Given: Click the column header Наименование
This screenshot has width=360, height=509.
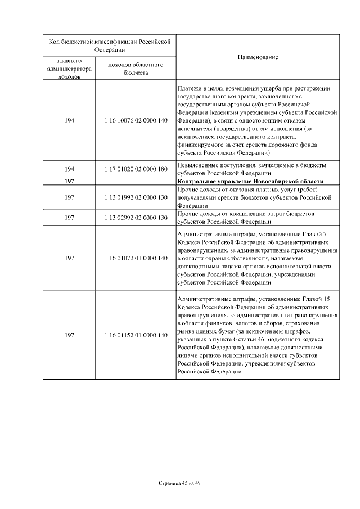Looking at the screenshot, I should tap(258, 57).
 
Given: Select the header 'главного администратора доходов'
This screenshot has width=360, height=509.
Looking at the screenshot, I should tap(70, 69).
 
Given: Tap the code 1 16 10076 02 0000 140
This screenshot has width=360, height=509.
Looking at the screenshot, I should tap(136, 121).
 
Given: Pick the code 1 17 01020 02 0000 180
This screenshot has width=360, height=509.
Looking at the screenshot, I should tap(136, 169).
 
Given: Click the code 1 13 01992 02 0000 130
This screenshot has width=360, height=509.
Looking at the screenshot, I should tap(136, 197).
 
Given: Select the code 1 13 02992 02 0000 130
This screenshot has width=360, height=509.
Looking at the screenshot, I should tap(136, 218).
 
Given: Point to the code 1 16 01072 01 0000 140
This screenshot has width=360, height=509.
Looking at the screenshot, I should tap(136, 258).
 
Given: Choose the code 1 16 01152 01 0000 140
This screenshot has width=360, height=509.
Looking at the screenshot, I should tap(136, 335).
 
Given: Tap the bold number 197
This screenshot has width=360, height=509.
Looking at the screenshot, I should tap(70, 181).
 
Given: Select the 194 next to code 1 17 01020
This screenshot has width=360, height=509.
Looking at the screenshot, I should tap(70, 169).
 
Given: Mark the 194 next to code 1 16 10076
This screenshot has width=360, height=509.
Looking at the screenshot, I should tap(70, 121).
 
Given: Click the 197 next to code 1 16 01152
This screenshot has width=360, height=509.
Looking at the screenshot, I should tap(70, 335).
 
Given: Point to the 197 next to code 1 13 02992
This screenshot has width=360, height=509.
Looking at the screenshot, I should tap(70, 218).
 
